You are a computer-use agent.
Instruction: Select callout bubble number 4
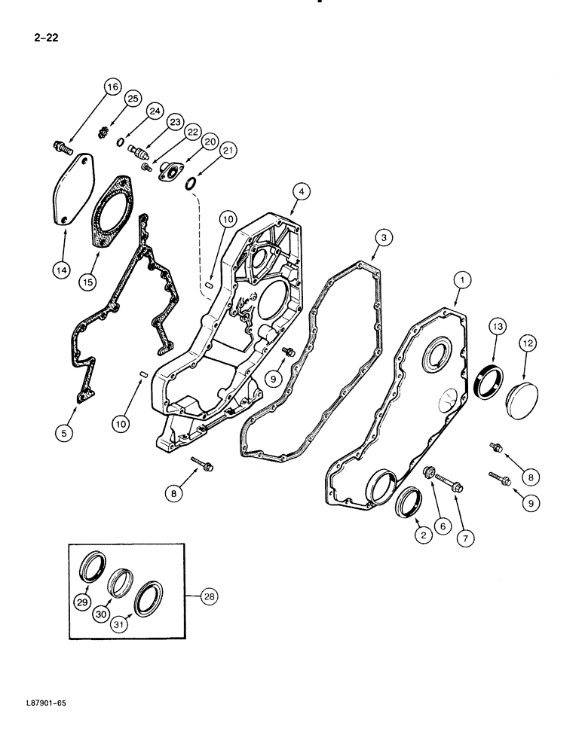tap(300, 193)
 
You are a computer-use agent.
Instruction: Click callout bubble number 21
tap(227, 152)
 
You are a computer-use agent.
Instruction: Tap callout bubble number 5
tap(66, 432)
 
